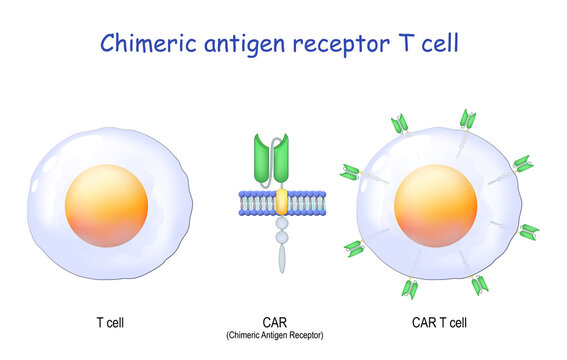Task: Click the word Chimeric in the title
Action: (148, 43)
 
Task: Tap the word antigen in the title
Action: (245, 45)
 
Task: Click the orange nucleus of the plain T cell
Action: (106, 206)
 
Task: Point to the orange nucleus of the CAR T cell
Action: (435, 206)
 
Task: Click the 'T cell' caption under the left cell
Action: (110, 322)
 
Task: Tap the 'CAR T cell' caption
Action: (439, 322)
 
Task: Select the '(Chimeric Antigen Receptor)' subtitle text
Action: (275, 335)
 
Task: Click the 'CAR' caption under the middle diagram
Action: (275, 322)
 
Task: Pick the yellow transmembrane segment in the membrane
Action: (282, 202)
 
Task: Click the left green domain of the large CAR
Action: (263, 158)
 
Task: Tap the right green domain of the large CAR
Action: (281, 158)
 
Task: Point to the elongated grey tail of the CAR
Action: (282, 258)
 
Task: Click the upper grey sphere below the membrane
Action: (282, 224)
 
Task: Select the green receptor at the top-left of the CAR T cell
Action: (400, 124)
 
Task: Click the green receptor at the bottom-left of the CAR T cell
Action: (354, 248)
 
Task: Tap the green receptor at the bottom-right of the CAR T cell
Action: (480, 285)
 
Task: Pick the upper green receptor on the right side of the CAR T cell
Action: (523, 164)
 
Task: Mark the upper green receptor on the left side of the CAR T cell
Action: (350, 172)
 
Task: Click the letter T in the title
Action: (406, 43)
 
